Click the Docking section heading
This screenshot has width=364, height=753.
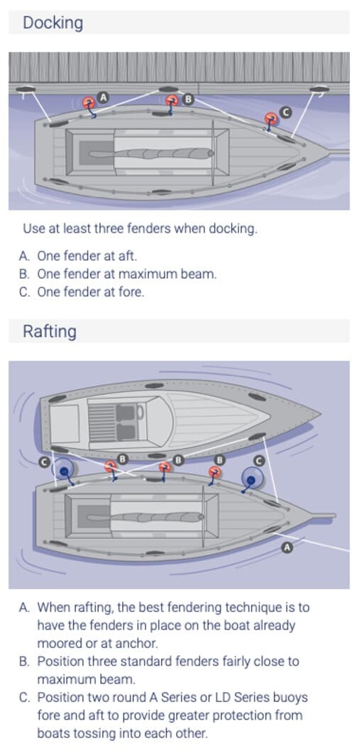(x=53, y=23)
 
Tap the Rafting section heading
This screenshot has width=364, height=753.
(x=50, y=331)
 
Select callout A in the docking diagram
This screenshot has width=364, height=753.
(x=102, y=97)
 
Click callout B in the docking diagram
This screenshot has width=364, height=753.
(x=188, y=99)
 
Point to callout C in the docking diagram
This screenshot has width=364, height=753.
(x=285, y=112)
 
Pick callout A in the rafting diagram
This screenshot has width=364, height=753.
(x=287, y=547)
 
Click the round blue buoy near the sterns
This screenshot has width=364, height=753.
(x=63, y=470)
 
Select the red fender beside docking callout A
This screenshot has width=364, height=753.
(x=88, y=102)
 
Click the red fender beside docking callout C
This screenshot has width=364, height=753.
(x=271, y=118)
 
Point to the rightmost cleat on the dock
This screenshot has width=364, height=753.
(x=319, y=89)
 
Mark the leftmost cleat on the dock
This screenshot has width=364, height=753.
(x=26, y=89)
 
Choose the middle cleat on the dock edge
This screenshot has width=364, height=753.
(x=168, y=89)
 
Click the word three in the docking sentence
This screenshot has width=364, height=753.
(x=109, y=228)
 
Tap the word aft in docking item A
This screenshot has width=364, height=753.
(x=129, y=255)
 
